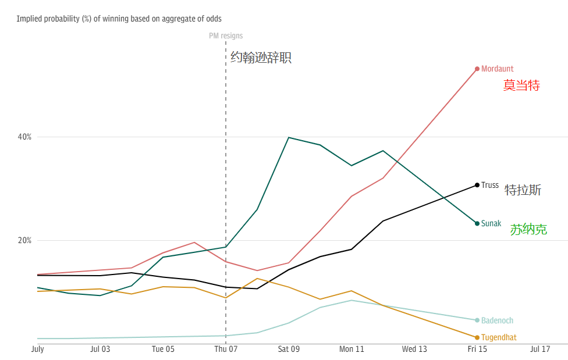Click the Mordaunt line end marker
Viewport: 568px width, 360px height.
coord(477,69)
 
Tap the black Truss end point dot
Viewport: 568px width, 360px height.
coord(477,185)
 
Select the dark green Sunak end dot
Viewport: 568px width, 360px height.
coord(477,223)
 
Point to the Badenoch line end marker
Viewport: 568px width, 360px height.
coord(477,320)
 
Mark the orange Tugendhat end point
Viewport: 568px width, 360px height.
coord(477,337)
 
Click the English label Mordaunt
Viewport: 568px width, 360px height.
coord(497,69)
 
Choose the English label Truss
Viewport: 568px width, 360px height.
coord(490,185)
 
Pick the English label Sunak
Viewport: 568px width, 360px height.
coord(491,223)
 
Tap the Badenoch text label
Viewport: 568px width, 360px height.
coord(497,320)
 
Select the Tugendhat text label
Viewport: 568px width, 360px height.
coord(499,337)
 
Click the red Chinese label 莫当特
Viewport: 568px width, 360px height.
coord(521,85)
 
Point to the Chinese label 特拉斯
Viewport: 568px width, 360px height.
coord(523,190)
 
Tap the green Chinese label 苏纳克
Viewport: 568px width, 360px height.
coord(528,230)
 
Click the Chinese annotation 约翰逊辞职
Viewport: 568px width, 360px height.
coord(261,58)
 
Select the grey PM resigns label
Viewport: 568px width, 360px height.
coord(226,36)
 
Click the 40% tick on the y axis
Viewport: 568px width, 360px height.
coord(24,137)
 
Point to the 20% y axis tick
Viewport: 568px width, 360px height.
coord(24,240)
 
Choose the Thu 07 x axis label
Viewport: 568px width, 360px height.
coord(226,350)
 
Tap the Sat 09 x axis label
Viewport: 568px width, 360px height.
coord(289,350)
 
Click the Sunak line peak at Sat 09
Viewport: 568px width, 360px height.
coord(289,138)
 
